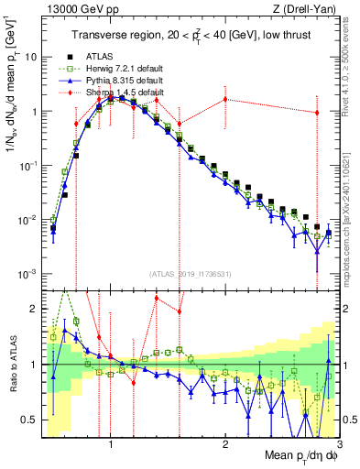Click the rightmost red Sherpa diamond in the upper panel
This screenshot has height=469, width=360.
(x=317, y=113)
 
